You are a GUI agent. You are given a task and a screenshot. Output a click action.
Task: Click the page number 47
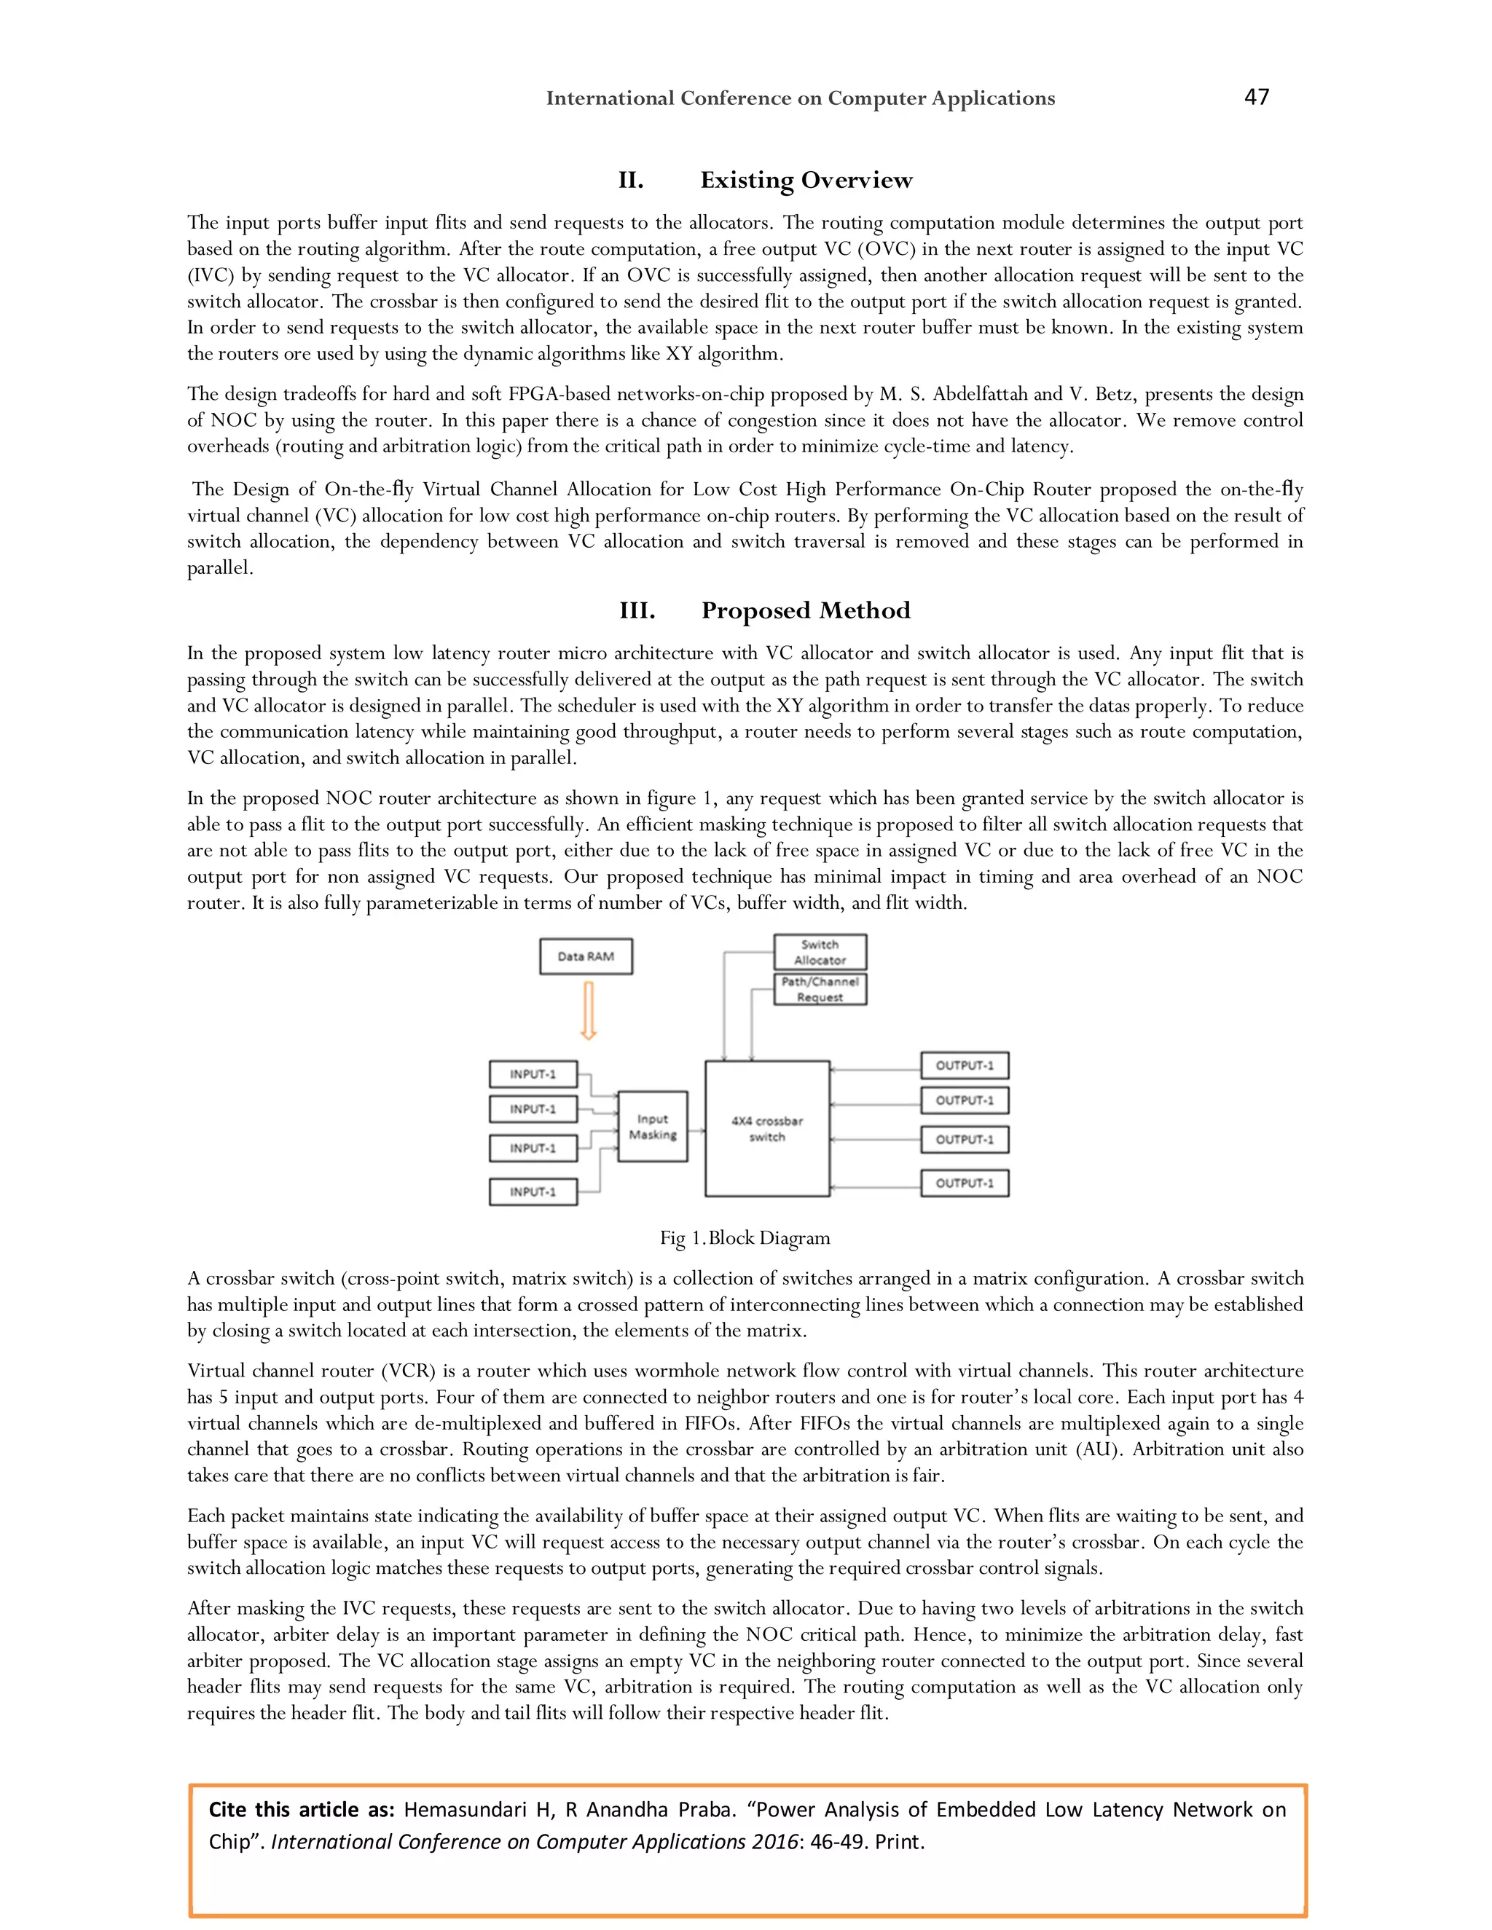click(1256, 97)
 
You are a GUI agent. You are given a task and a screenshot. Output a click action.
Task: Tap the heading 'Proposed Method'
click(805, 610)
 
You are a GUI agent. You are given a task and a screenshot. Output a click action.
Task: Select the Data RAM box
click(586, 956)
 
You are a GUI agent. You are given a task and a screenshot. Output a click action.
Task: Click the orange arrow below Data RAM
click(589, 1011)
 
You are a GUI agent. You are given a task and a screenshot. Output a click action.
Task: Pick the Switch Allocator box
click(820, 953)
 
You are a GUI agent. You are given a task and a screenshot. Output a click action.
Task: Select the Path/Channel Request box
click(820, 989)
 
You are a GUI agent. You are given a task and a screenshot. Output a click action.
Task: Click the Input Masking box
click(652, 1127)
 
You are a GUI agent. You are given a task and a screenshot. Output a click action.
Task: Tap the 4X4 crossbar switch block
click(766, 1128)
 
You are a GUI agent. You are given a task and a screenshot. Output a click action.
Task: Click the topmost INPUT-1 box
click(533, 1074)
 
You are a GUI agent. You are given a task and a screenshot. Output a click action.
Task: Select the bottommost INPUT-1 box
click(533, 1192)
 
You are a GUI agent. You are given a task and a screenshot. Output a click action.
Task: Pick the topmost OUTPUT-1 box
click(965, 1066)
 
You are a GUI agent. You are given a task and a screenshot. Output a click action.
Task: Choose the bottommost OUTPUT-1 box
click(965, 1182)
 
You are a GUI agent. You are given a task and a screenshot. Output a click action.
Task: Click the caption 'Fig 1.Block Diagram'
click(745, 1238)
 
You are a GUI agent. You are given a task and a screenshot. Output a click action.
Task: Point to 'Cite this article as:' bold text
click(301, 1810)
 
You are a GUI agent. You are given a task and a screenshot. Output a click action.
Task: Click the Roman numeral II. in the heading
click(630, 181)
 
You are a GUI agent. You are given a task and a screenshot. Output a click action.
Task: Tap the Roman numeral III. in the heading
click(637, 610)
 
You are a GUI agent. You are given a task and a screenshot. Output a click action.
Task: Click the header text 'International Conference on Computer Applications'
click(800, 98)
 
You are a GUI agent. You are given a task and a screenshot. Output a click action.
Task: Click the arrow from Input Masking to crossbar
click(696, 1130)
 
